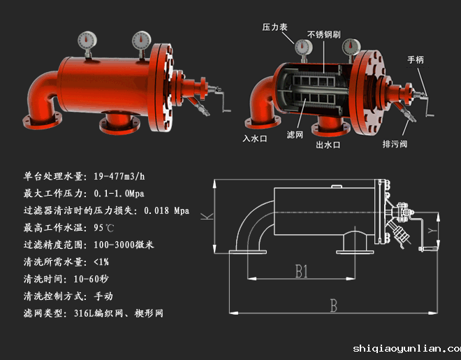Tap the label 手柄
[415, 60]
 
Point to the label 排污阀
[395, 145]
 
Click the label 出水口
[328, 145]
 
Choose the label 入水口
[256, 138]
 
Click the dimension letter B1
[300, 271]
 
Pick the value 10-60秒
[97, 279]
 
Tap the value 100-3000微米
[124, 245]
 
